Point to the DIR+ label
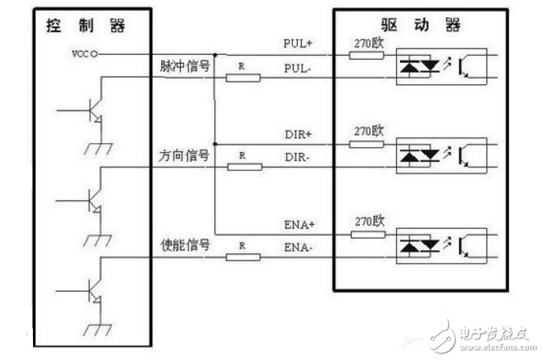pyautogui.click(x=297, y=134)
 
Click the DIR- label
pyautogui.click(x=297, y=157)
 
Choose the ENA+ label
pyautogui.click(x=298, y=225)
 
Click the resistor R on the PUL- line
pyautogui.click(x=242, y=78)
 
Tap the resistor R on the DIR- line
pyautogui.click(x=242, y=167)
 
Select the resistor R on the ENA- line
pyautogui.click(x=242, y=257)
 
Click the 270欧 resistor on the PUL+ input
pyautogui.click(x=367, y=55)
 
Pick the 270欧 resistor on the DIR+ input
pyautogui.click(x=367, y=145)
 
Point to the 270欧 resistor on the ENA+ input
pyautogui.click(x=367, y=234)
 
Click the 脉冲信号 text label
pyautogui.click(x=181, y=67)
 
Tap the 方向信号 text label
pyautogui.click(x=181, y=156)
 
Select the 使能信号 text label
pyautogui.click(x=181, y=246)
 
